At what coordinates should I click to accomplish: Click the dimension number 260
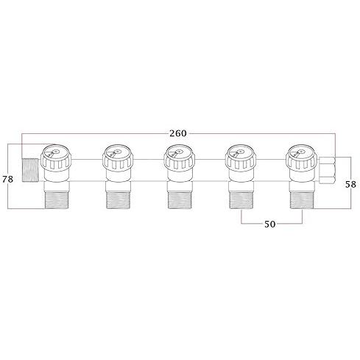177,133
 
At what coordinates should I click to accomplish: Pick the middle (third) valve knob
177,155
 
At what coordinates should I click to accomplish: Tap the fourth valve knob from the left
239,155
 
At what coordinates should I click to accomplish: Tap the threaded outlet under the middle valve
180,199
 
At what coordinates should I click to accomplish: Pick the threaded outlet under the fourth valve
241,199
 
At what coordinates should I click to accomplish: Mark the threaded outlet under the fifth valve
303,199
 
